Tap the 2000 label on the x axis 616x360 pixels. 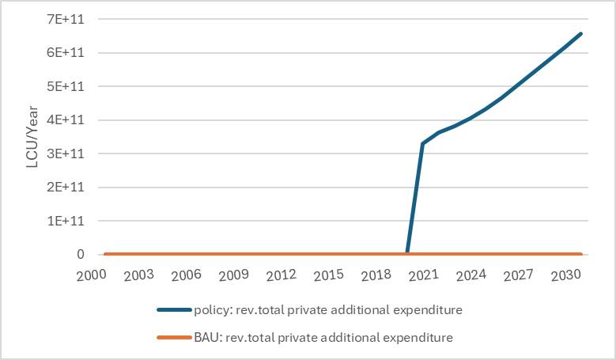pyautogui.click(x=92, y=275)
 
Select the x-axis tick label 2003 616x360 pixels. pyautogui.click(x=139, y=275)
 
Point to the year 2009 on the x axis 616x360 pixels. pyautogui.click(x=234, y=275)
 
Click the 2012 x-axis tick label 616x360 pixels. pyautogui.click(x=282, y=275)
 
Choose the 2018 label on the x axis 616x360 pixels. pyautogui.click(x=376, y=275)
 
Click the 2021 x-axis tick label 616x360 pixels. pyautogui.click(x=424, y=275)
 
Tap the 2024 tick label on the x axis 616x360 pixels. pyautogui.click(x=471, y=275)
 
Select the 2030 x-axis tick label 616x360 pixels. pyautogui.click(x=566, y=275)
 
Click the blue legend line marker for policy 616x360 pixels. pyautogui.click(x=174, y=310)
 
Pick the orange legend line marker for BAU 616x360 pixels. pyautogui.click(x=174, y=338)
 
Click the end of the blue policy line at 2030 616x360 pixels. pyautogui.click(x=581, y=33)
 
